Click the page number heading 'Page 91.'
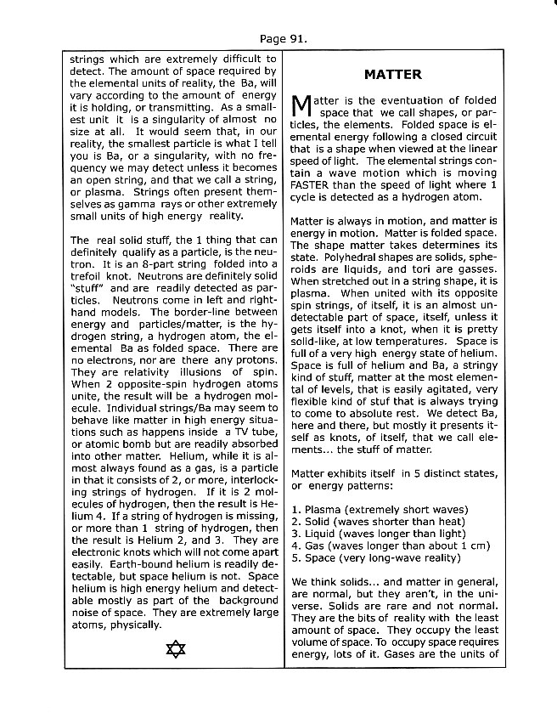284,38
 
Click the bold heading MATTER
392,75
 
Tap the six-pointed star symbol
176,650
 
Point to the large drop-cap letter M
301,105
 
